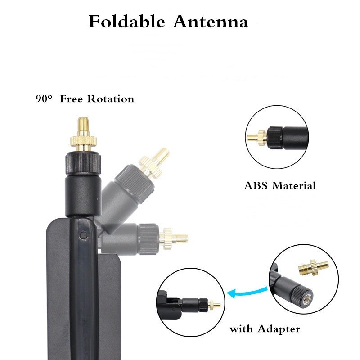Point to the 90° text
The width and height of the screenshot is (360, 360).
pyautogui.click(x=45, y=99)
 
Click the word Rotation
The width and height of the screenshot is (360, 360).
pyautogui.click(x=110, y=99)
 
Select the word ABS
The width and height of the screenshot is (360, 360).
pyautogui.click(x=256, y=185)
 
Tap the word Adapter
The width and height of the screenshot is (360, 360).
pyautogui.click(x=279, y=329)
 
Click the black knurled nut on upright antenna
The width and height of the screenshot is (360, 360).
pyautogui.click(x=83, y=161)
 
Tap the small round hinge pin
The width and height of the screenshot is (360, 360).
pyautogui.click(x=83, y=235)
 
